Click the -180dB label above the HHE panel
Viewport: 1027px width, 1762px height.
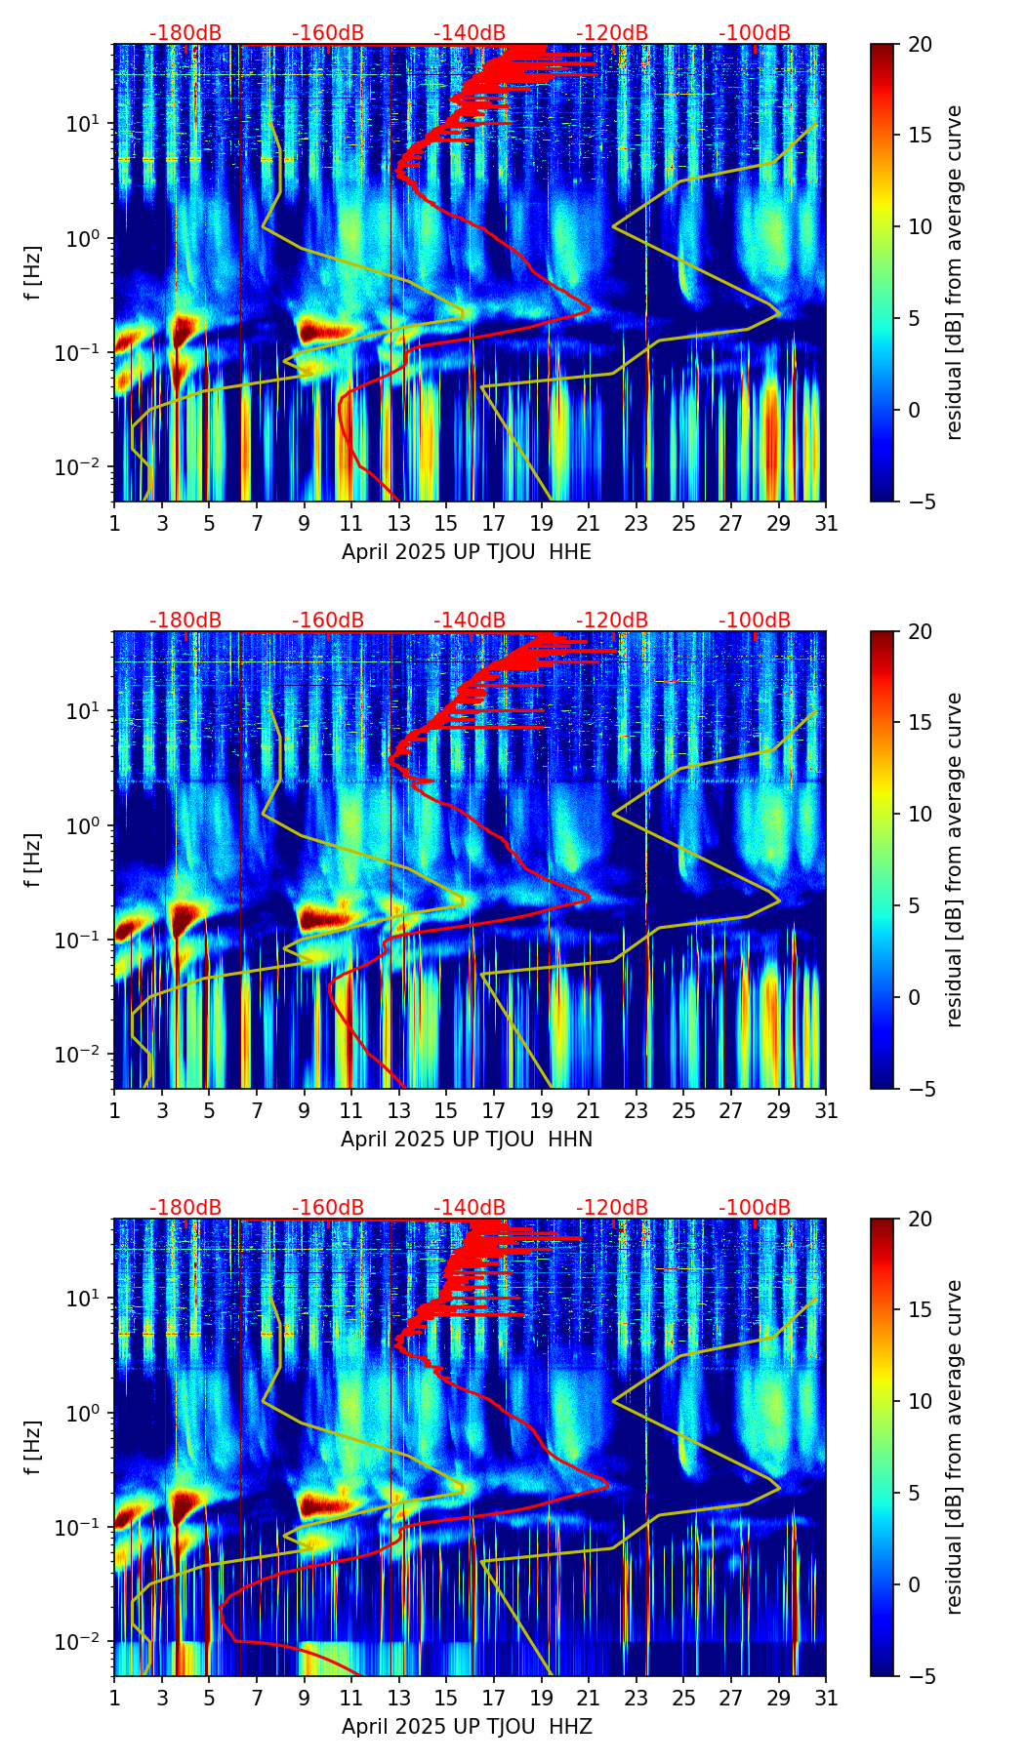click(185, 33)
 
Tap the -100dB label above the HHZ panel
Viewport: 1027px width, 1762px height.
click(755, 1208)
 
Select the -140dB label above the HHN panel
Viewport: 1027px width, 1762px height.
click(470, 621)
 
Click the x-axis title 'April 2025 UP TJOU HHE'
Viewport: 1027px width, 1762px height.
click(467, 552)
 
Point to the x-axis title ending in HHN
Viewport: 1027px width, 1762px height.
click(467, 1140)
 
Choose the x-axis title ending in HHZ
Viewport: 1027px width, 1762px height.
click(467, 1727)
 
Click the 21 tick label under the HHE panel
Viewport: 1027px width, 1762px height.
click(589, 523)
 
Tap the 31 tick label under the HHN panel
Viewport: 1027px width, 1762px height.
click(826, 1110)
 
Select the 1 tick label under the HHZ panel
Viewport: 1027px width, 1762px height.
click(114, 1698)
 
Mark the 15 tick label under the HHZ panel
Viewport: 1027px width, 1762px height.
click(446, 1698)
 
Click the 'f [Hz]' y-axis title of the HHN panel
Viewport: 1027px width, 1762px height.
click(33, 860)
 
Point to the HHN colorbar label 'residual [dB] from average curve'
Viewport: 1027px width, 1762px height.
click(954, 860)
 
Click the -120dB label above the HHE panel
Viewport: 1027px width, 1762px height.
click(612, 33)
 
